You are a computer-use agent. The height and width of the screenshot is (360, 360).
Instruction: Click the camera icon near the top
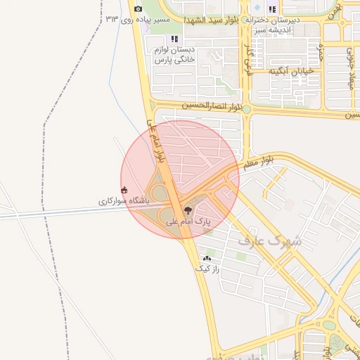pyautogui.click(x=138, y=8)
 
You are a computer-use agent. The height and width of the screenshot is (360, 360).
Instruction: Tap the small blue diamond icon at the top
pyautogui.click(x=272, y=8)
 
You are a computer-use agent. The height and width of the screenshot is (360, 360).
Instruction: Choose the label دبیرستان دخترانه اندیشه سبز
pyautogui.click(x=274, y=25)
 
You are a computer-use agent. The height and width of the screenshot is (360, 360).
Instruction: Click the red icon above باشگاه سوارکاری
pyautogui.click(x=124, y=189)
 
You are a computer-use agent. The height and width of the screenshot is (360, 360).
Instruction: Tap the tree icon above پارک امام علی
pyautogui.click(x=188, y=210)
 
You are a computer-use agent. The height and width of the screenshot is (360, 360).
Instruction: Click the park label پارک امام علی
pyautogui.click(x=188, y=221)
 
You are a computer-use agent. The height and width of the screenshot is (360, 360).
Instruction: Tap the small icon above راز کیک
pyautogui.click(x=207, y=258)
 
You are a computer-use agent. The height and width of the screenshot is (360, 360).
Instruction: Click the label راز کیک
pyautogui.click(x=207, y=269)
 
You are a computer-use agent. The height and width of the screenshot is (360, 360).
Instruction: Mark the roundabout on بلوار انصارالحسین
pyautogui.click(x=247, y=110)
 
